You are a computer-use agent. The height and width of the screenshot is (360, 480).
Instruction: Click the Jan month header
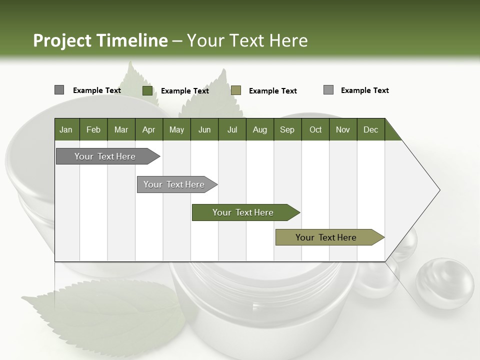tap(66, 129)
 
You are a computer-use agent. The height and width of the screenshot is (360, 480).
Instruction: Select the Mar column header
tap(121, 129)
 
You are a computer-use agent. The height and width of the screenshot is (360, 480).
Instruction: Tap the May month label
tap(176, 129)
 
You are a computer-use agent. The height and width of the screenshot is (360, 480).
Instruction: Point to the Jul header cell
tap(232, 129)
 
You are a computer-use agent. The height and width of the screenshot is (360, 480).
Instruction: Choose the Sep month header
tap(287, 129)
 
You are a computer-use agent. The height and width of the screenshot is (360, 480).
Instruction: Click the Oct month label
tap(315, 129)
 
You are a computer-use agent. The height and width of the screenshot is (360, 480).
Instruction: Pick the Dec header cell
tap(370, 129)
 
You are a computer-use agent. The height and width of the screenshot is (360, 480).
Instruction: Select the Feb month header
tap(93, 129)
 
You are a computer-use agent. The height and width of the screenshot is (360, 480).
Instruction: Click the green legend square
tap(147, 90)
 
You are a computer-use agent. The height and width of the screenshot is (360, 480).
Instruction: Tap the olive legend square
tap(236, 90)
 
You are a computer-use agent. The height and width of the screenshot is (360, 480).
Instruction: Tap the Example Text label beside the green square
tap(184, 91)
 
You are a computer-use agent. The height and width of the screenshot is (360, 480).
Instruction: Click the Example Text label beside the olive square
tap(272, 91)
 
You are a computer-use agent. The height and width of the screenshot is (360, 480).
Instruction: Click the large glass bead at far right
tap(445, 282)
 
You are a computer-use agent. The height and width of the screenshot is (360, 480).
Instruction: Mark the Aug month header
tap(259, 129)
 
